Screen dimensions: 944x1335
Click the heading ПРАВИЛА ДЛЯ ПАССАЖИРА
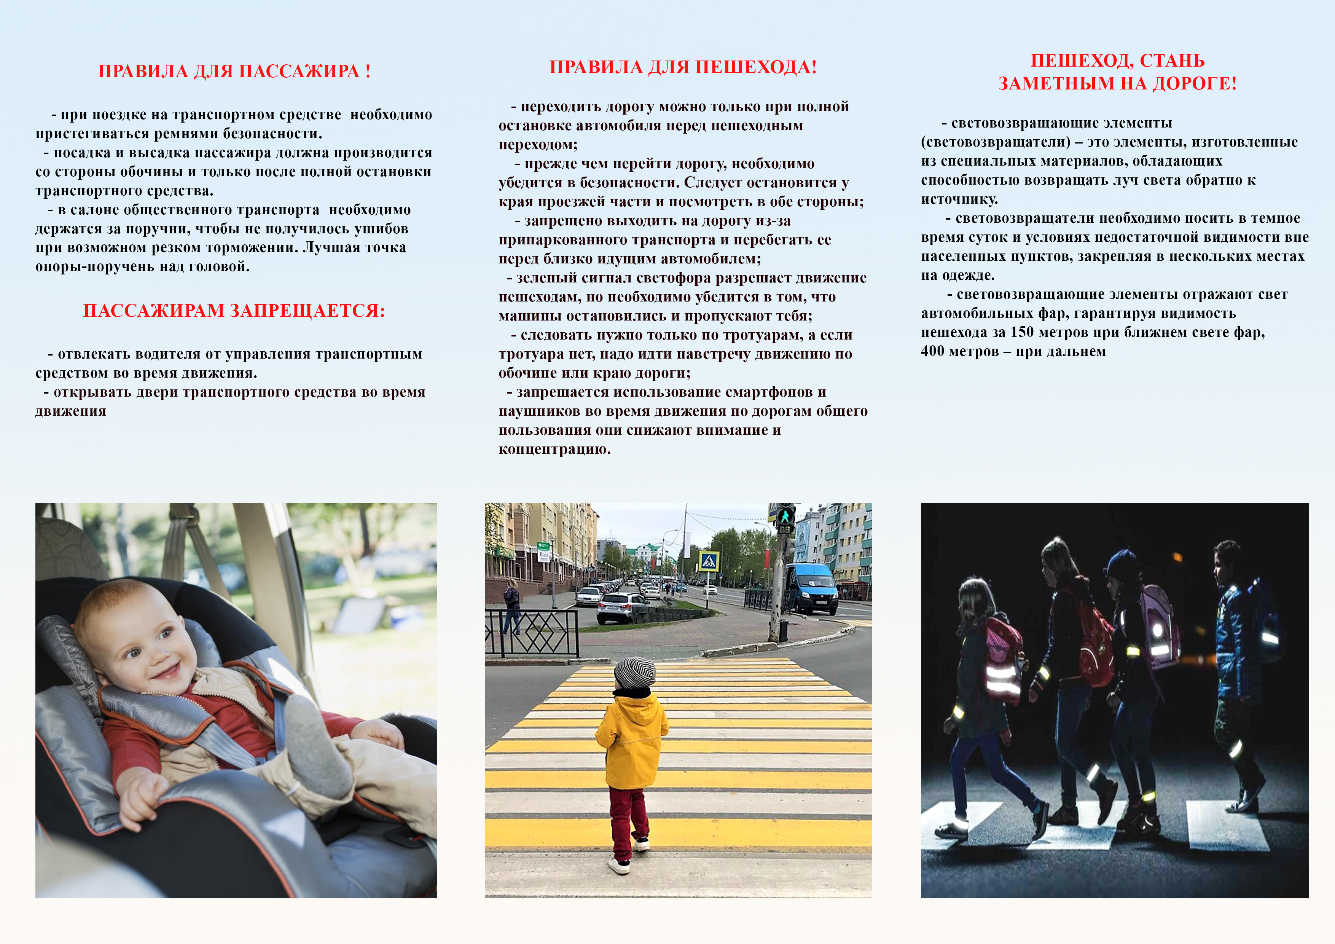pyautogui.click(x=234, y=71)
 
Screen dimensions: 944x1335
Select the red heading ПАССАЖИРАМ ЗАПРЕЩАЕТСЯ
pyautogui.click(x=234, y=311)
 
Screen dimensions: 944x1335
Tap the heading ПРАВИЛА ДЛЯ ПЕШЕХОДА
pyautogui.click(x=683, y=67)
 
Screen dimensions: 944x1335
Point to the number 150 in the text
pyautogui.click(x=1022, y=332)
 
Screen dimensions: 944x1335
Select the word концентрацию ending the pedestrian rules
pyautogui.click(x=554, y=450)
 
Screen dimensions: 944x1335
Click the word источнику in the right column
pyautogui.click(x=959, y=199)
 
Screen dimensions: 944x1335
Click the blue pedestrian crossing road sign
pyautogui.click(x=709, y=561)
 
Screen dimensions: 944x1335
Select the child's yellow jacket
pyautogui.click(x=632, y=739)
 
